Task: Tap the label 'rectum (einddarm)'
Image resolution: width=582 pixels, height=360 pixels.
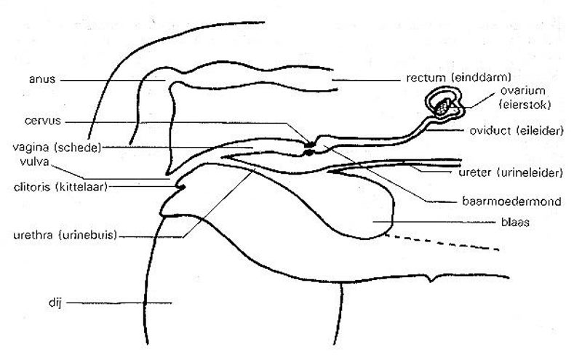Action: coord(450,77)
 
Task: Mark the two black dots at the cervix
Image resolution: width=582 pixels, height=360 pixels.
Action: coord(310,147)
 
